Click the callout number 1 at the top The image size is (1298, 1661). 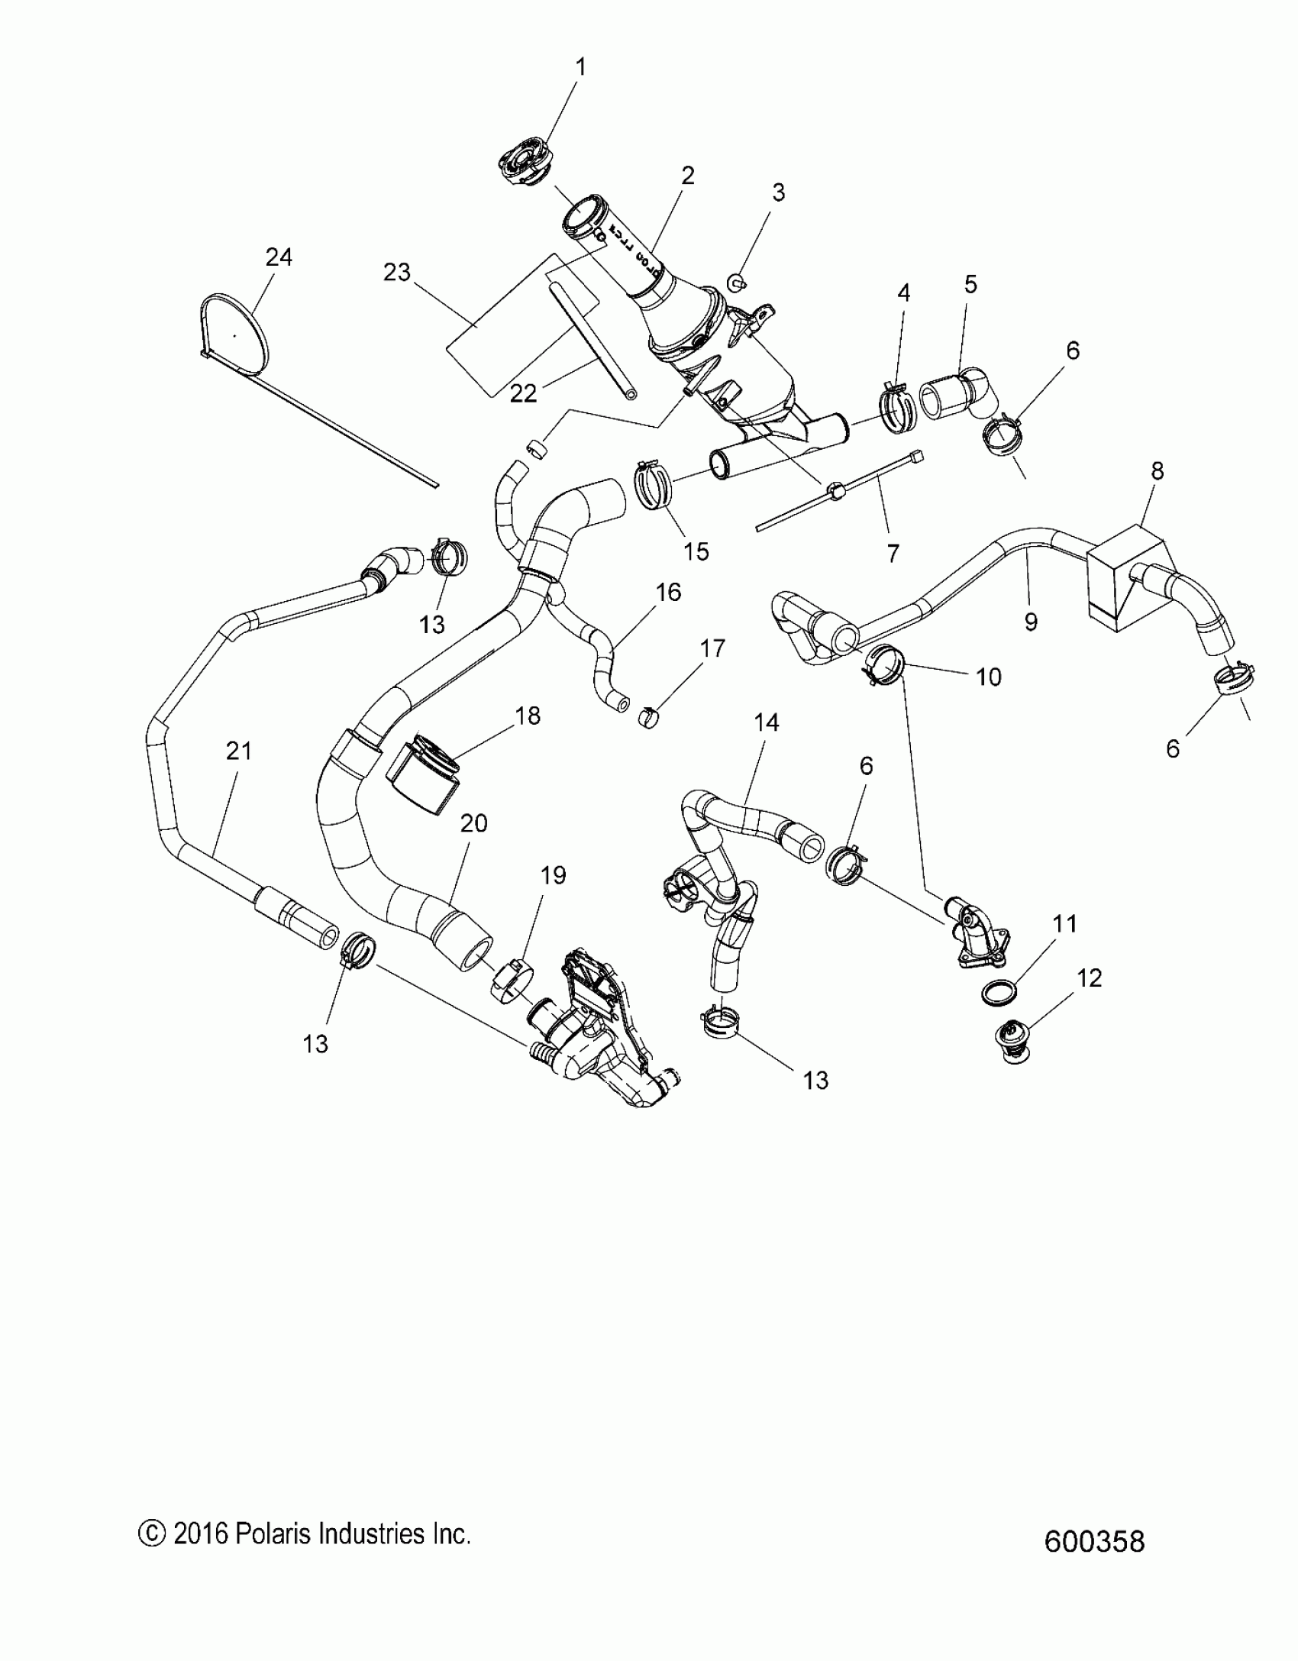tap(580, 67)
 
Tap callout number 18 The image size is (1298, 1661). tap(528, 716)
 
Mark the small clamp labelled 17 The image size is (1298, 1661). tap(648, 718)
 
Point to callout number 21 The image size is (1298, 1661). tap(239, 751)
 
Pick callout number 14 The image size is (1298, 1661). tap(767, 722)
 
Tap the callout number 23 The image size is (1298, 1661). tap(397, 273)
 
